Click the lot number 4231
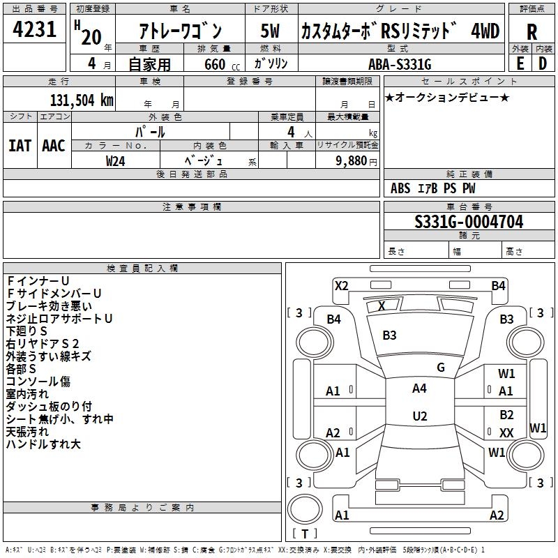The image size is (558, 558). coord(35,30)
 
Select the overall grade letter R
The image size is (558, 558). coord(531,32)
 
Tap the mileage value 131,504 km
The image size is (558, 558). coord(82,100)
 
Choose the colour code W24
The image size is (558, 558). coord(116,161)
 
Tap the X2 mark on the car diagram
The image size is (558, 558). coord(341,285)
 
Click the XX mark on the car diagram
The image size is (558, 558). coord(507,433)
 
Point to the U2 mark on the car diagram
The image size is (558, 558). coord(419,416)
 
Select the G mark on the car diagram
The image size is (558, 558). coord(440,368)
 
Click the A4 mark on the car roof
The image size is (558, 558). coord(419,389)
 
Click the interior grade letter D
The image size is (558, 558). coord(543,63)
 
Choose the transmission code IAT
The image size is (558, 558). coord(20,146)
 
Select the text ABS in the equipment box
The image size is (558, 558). coord(400,188)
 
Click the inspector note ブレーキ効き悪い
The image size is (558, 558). coord(49,306)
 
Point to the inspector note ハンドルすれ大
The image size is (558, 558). coord(43,444)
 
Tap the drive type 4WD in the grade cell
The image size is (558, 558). coord(485,31)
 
